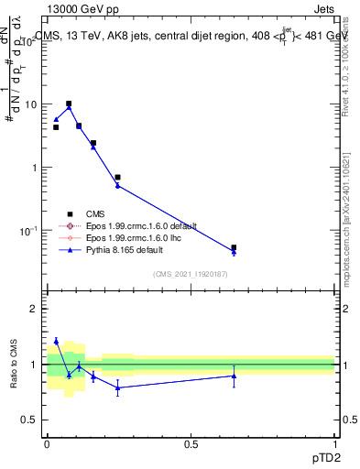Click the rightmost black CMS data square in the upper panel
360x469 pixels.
[x=234, y=247]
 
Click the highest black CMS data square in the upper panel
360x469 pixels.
[x=69, y=104]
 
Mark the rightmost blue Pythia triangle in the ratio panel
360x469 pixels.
[x=234, y=376]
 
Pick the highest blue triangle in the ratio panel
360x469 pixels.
[x=56, y=341]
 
